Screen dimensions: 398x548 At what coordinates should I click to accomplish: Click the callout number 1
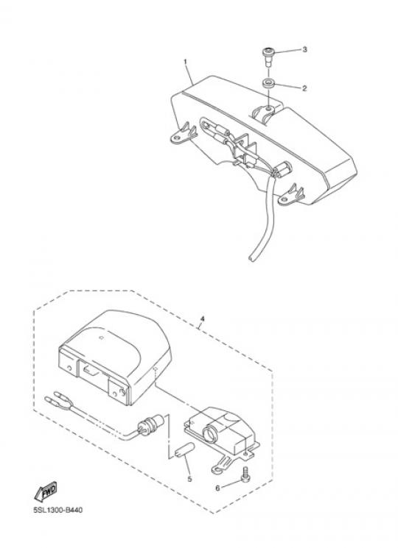(x=186, y=62)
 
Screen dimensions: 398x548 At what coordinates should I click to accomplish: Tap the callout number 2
(x=304, y=88)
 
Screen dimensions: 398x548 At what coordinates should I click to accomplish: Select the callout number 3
(x=304, y=49)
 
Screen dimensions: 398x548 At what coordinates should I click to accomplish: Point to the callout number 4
(x=202, y=319)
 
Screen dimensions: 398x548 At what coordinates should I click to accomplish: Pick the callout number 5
(x=189, y=479)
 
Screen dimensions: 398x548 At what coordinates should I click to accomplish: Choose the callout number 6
(x=217, y=488)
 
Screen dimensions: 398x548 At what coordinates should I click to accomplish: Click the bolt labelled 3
(x=268, y=57)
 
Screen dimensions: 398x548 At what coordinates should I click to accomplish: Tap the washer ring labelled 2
(x=268, y=84)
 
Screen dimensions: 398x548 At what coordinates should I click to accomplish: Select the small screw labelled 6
(x=245, y=474)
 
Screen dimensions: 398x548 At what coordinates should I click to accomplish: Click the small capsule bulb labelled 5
(x=184, y=450)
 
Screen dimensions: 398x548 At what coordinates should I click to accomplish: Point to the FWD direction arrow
(x=46, y=492)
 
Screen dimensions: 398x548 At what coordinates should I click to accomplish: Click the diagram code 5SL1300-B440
(x=58, y=510)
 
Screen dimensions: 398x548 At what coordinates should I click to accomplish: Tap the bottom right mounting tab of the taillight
(x=290, y=195)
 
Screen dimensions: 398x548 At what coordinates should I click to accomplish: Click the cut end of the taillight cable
(x=251, y=258)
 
